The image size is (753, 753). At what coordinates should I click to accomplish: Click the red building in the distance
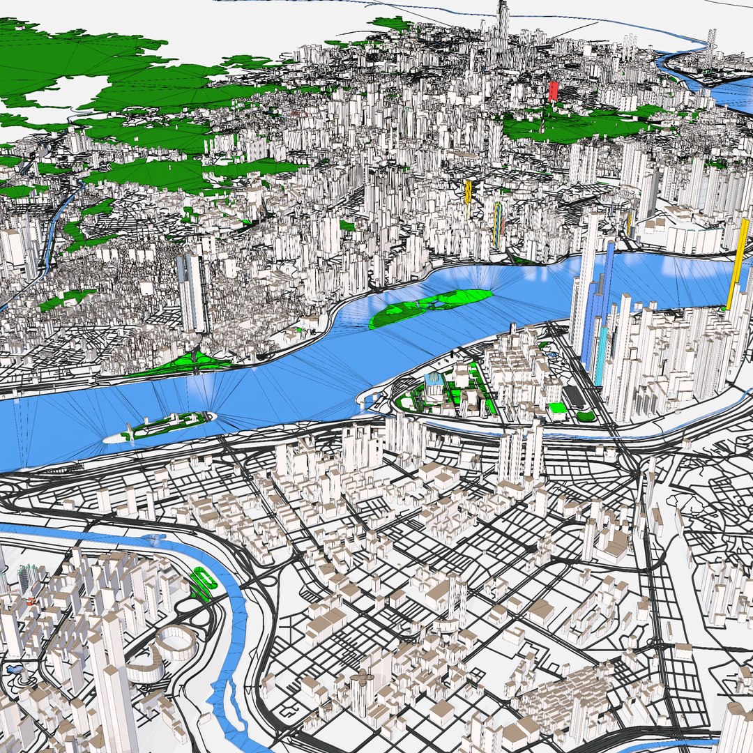553,91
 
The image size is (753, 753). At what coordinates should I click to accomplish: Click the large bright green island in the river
430,306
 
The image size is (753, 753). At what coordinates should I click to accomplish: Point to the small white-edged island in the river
160,425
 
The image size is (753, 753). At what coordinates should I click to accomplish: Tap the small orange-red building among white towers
30,600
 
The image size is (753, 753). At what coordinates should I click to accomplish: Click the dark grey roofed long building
574,396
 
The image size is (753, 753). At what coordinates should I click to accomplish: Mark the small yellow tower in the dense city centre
469,192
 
